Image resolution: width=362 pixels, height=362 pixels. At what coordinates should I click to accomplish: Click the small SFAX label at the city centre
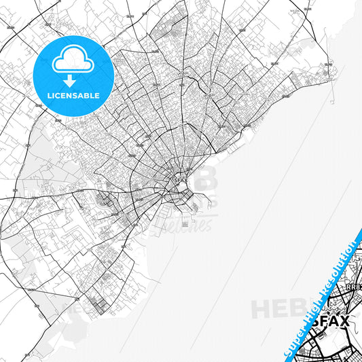[x=180, y=181]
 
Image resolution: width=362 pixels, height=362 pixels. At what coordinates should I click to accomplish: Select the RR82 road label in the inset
[x=354, y=287]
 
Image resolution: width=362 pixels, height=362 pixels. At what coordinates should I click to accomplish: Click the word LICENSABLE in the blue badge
[x=73, y=94]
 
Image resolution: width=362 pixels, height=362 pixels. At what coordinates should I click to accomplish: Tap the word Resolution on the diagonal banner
[x=344, y=262]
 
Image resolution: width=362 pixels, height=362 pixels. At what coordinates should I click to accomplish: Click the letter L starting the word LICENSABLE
[x=49, y=94]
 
